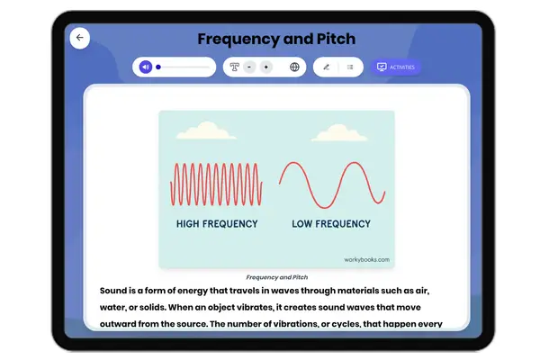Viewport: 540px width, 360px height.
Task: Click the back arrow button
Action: (x=79, y=38)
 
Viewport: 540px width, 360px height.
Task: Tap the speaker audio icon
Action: (x=145, y=67)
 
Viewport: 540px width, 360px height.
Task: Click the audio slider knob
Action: (x=158, y=67)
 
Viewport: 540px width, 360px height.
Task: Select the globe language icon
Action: (x=294, y=67)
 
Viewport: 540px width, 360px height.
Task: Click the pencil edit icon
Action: (x=326, y=67)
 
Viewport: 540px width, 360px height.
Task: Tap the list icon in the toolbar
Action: (x=350, y=67)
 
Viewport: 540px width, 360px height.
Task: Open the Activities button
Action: (x=396, y=67)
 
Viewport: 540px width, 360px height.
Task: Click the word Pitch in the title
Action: (x=333, y=39)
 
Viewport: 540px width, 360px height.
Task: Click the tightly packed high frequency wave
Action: (x=216, y=184)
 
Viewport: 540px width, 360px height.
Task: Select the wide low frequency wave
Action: (x=333, y=184)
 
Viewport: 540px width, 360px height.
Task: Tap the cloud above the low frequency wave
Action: (x=334, y=132)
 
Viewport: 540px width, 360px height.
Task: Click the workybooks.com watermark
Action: (x=366, y=259)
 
